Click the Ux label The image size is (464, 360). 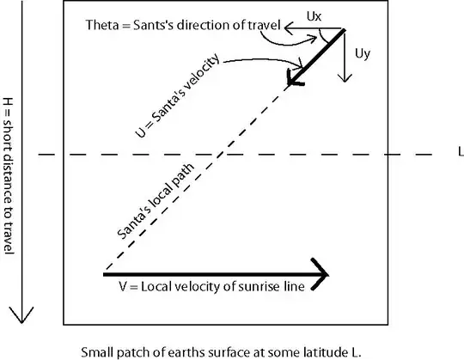314,16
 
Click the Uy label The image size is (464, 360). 363,53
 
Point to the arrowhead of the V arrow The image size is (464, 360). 321,275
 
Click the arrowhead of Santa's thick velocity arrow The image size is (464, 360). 295,78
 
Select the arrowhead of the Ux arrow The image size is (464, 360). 289,28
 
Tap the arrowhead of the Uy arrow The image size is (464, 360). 345,78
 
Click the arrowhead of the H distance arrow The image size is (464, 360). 21,314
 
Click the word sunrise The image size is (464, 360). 259,287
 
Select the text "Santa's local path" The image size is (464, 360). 156,201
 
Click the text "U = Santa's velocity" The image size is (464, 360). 178,95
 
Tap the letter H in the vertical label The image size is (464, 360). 8,101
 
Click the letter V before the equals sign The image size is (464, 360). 123,287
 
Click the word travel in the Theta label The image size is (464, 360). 264,25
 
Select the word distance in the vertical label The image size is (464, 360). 8,179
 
